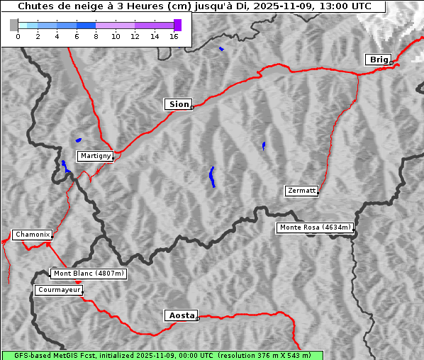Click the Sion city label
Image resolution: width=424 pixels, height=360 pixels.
pyautogui.click(x=178, y=104)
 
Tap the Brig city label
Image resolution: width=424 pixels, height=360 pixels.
pyautogui.click(x=378, y=60)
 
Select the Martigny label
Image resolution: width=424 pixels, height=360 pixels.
pyautogui.click(x=95, y=156)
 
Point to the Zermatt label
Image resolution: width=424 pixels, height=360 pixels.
pyautogui.click(x=301, y=191)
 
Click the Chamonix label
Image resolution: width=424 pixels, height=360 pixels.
pyautogui.click(x=32, y=235)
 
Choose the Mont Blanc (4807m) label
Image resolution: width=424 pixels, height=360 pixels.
pyautogui.click(x=89, y=274)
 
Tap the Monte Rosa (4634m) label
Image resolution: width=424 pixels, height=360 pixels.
pyautogui.click(x=315, y=227)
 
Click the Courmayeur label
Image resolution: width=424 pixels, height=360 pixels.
pyautogui.click(x=59, y=290)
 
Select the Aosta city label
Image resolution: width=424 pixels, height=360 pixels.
pyautogui.click(x=180, y=315)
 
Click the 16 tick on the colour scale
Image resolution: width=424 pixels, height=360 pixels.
pyautogui.click(x=174, y=36)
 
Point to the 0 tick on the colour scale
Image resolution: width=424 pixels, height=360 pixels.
pyautogui.click(x=18, y=36)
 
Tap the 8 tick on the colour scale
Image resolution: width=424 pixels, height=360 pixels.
pyautogui.click(x=96, y=36)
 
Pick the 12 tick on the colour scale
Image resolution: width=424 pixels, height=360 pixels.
pyautogui.click(x=135, y=36)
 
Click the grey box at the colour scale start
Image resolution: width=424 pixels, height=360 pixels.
pyautogui.click(x=14, y=25)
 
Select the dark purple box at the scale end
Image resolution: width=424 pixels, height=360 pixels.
pyautogui.click(x=177, y=25)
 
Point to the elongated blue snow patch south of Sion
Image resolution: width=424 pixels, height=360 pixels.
pyautogui.click(x=212, y=176)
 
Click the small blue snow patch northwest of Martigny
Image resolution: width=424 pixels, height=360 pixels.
pyautogui.click(x=78, y=140)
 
